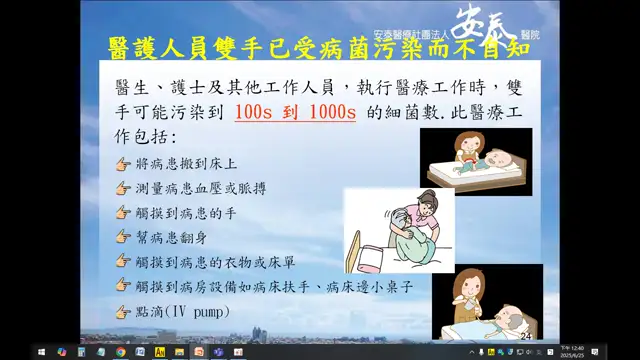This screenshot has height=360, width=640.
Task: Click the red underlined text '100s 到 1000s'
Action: click(x=295, y=112)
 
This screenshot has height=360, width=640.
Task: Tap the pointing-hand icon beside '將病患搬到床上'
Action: click(x=123, y=163)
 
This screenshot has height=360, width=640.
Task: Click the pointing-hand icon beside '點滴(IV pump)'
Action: click(x=123, y=312)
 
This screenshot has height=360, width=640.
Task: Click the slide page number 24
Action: click(x=526, y=337)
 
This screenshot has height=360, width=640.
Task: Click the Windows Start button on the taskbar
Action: click(x=43, y=352)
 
